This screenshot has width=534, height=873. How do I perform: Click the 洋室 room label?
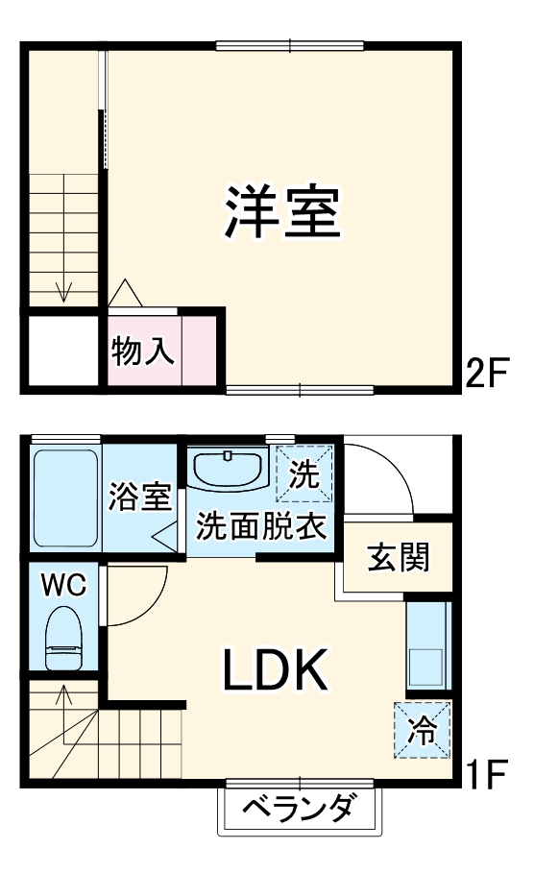pos(283,212)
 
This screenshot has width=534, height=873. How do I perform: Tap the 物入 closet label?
pos(144,352)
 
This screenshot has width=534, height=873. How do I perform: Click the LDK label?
pos(277,670)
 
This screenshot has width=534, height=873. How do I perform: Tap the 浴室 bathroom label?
pos(140,497)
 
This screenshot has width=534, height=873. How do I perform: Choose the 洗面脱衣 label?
pos(262,526)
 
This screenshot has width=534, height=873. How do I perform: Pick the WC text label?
pos(62,584)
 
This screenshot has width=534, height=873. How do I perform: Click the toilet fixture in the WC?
pos(65,639)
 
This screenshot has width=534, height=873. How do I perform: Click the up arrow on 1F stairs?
pos(63,693)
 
